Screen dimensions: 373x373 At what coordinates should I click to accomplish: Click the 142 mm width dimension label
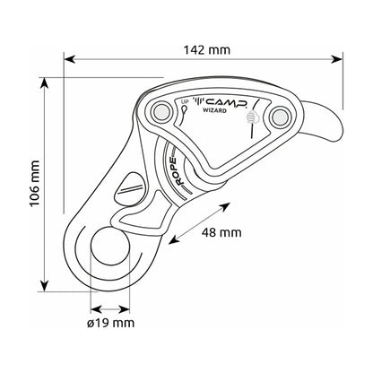[207, 50]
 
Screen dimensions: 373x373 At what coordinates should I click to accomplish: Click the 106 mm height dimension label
[35, 183]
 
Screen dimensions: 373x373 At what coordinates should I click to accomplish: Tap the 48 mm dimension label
[221, 232]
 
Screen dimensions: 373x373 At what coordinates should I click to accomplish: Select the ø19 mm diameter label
[111, 323]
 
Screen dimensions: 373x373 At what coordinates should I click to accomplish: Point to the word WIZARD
[215, 110]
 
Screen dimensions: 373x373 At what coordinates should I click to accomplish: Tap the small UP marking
[185, 101]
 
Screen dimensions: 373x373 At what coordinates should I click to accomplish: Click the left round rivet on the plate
[161, 111]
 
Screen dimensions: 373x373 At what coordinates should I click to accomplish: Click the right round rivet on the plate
[281, 117]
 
